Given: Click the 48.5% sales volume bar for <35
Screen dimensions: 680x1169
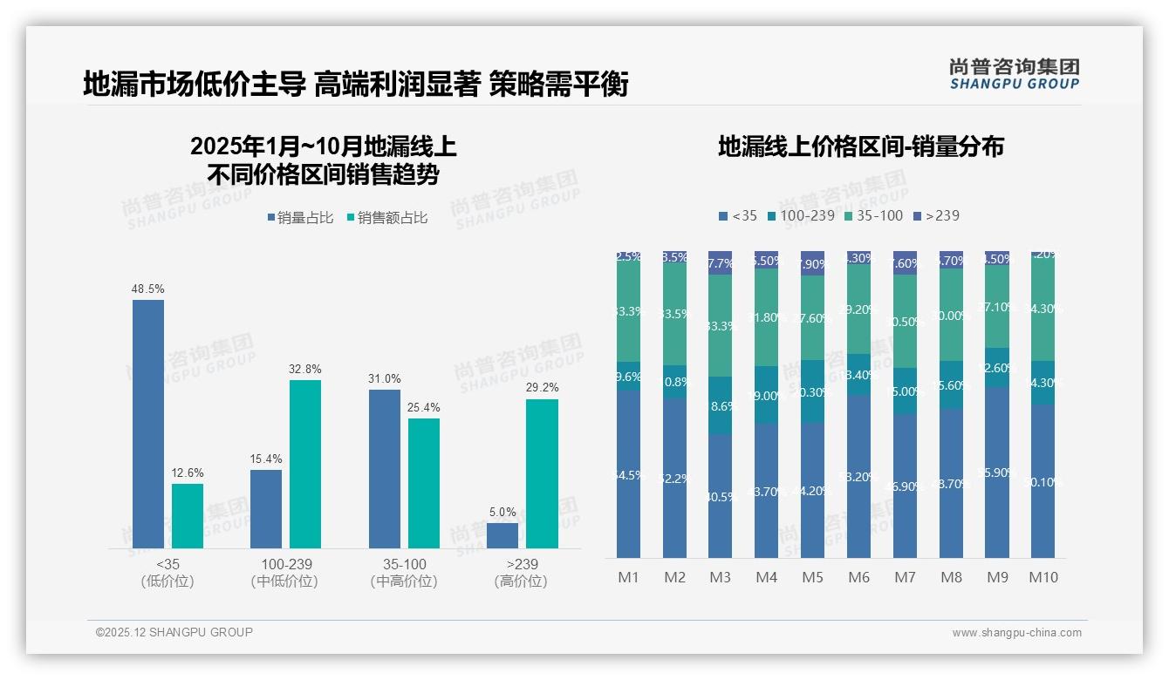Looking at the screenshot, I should tap(148, 424).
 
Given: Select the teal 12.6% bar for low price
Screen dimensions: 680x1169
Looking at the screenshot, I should tap(188, 516).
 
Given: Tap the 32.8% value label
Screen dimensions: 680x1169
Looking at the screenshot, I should tap(304, 369).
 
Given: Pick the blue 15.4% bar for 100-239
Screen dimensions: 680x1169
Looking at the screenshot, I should tap(266, 509).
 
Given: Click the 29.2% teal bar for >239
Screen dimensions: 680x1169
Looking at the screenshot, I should tap(542, 473).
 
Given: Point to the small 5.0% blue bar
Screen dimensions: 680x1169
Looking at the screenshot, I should tap(502, 535).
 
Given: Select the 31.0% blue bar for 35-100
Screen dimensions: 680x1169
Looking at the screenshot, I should tap(385, 468).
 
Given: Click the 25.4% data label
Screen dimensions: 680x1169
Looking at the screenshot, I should tap(423, 407).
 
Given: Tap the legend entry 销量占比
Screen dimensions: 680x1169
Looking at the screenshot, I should tap(300, 218).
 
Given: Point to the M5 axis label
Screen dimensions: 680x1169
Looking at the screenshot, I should tap(812, 577).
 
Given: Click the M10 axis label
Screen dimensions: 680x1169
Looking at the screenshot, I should tap(1043, 577).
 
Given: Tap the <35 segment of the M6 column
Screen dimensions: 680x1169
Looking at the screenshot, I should tap(858, 476).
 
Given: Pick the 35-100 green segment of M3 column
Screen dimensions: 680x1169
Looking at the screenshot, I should tap(720, 325).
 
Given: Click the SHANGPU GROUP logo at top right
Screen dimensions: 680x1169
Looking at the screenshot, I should tap(1014, 73).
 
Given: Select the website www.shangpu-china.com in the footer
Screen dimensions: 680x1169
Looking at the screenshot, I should tap(1016, 633).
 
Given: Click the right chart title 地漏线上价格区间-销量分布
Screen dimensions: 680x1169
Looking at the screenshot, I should tap(860, 146).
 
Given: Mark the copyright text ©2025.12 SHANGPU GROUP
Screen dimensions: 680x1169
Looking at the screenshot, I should tap(174, 632).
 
